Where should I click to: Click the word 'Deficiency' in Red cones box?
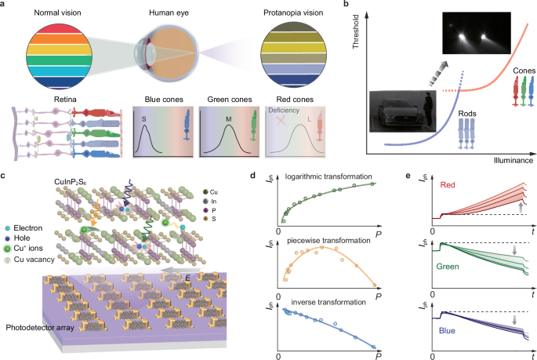[284, 111]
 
